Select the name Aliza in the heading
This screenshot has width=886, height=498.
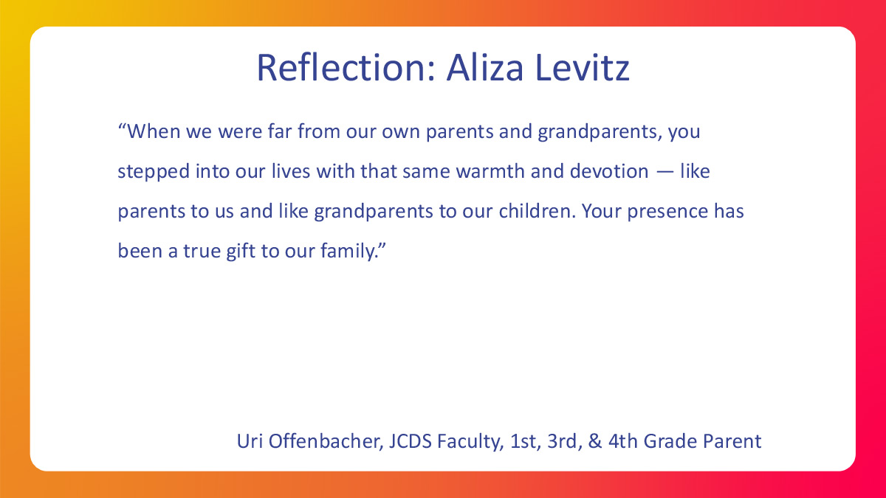pyautogui.click(x=485, y=68)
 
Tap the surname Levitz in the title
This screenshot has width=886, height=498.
pyautogui.click(x=583, y=68)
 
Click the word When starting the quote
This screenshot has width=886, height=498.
pyautogui.click(x=154, y=131)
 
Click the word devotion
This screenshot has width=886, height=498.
pyautogui.click(x=609, y=171)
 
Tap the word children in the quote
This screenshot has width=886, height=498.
pyautogui.click(x=535, y=211)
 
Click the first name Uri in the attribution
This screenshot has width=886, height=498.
pyautogui.click(x=250, y=441)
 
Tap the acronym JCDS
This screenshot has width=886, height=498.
pyautogui.click(x=411, y=441)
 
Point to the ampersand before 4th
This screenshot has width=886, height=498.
pyautogui.click(x=595, y=441)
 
